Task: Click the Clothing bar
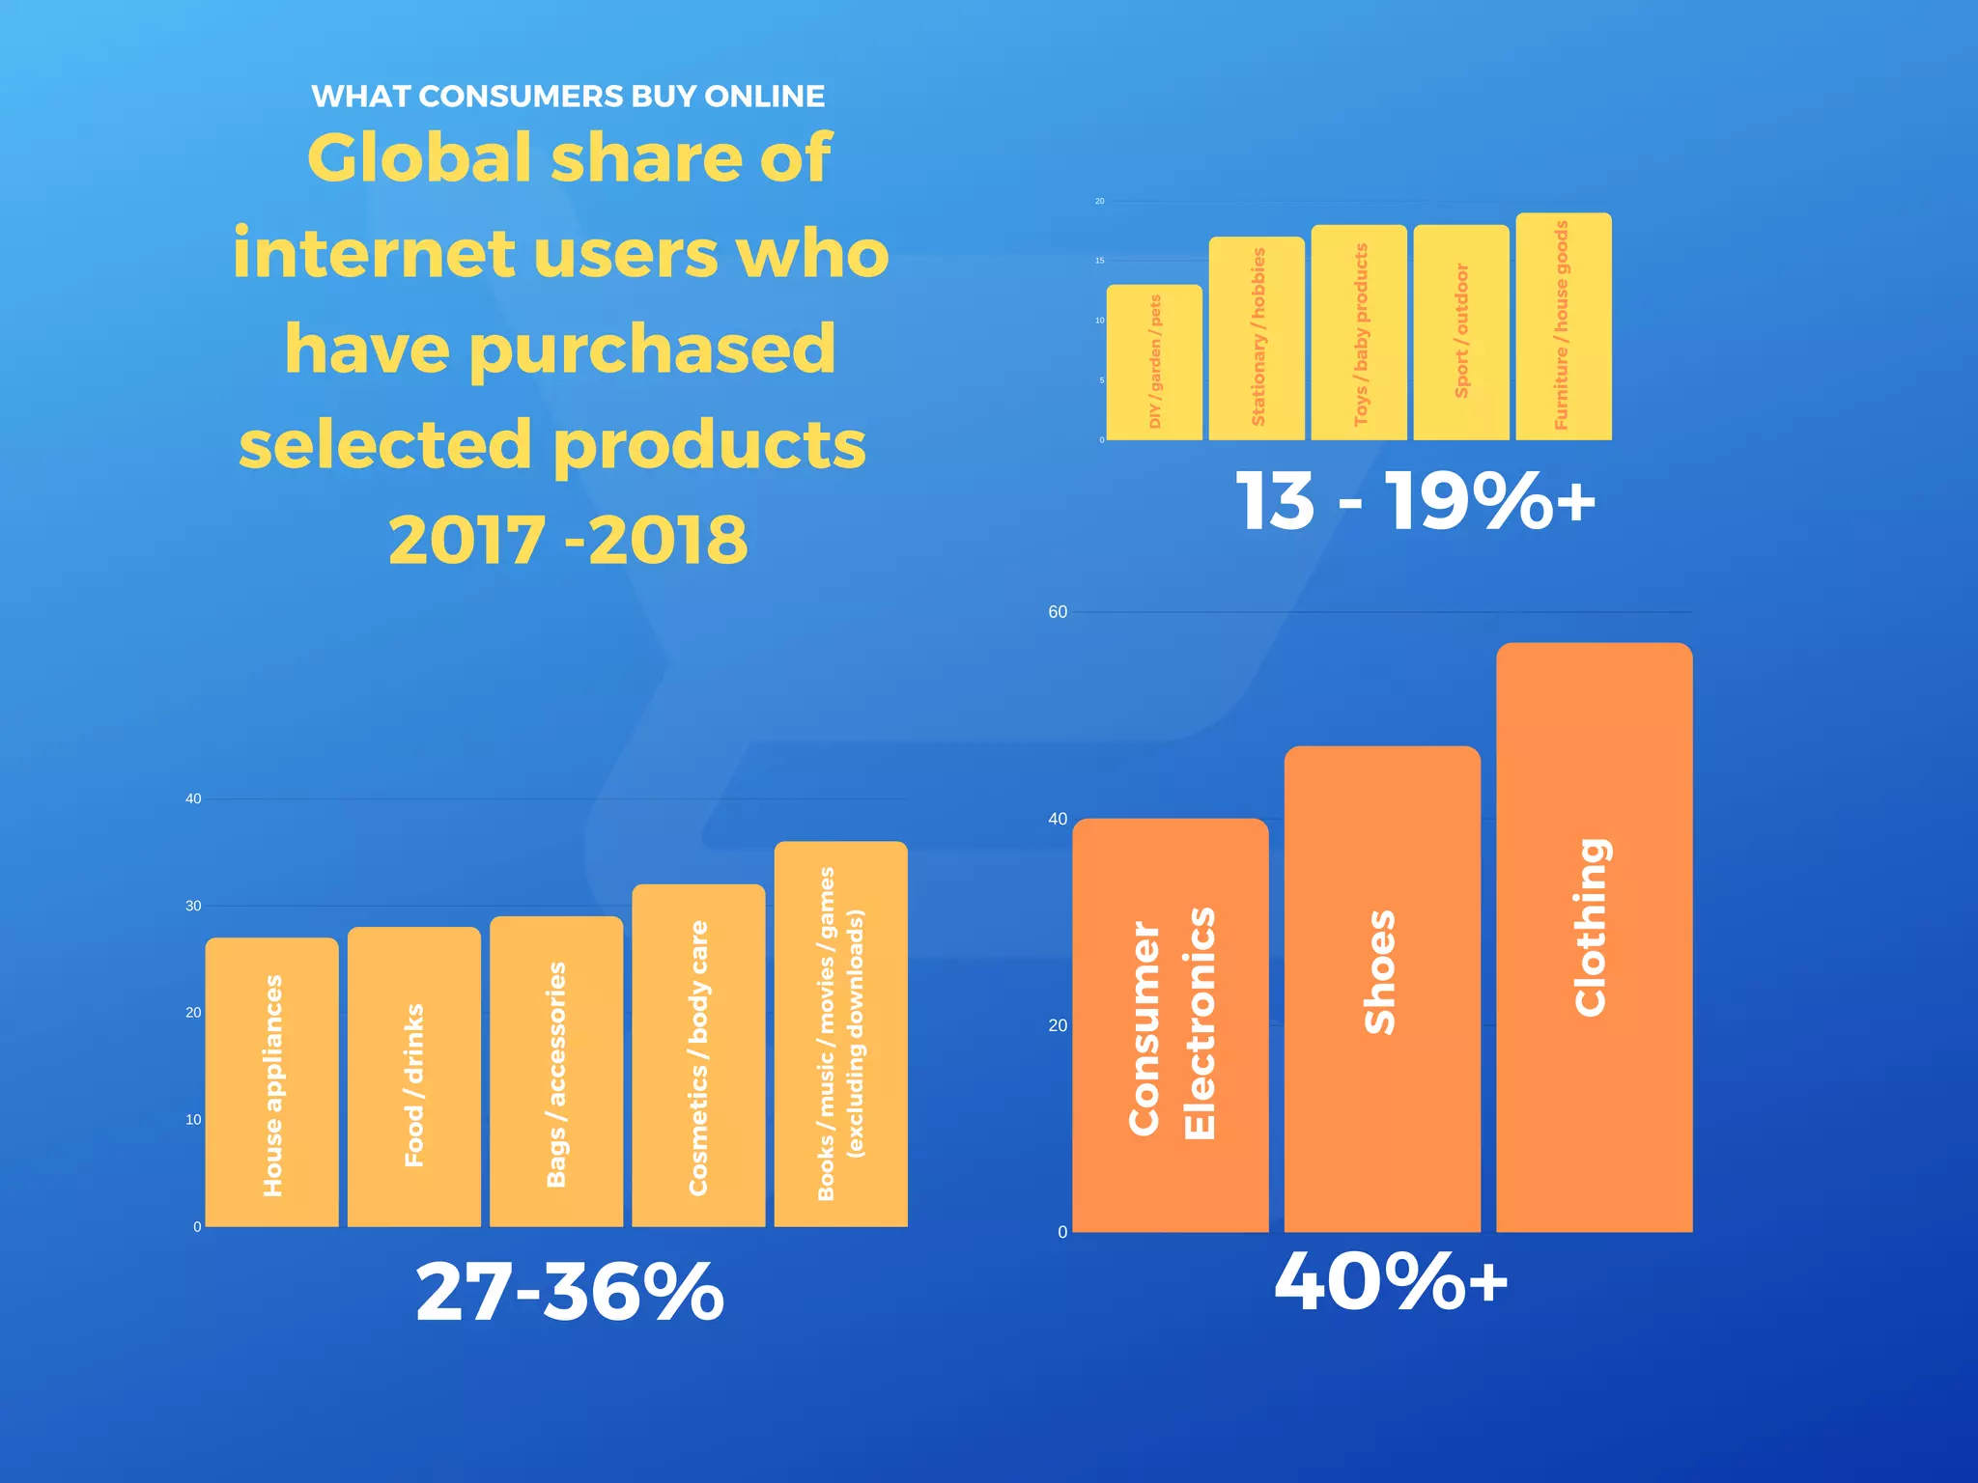coord(1594,937)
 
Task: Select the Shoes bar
coord(1382,989)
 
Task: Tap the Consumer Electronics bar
coord(1171,1025)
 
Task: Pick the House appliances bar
coord(272,1081)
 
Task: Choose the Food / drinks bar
coord(414,1077)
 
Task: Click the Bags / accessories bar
coord(556,1072)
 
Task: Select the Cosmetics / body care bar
coord(698,1055)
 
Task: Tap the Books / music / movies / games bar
coord(840,1034)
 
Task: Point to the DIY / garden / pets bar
coord(1154,362)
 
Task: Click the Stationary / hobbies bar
coord(1257,338)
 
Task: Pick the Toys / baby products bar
coord(1359,332)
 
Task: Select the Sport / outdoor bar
coord(1461,332)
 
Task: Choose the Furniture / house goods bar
coord(1564,326)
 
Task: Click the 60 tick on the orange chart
coord(1058,612)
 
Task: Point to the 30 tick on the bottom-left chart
coord(193,906)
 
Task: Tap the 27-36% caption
coord(570,1292)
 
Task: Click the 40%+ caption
coord(1391,1282)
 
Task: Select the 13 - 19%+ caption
coord(1415,501)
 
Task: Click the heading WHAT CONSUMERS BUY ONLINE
coord(568,97)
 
